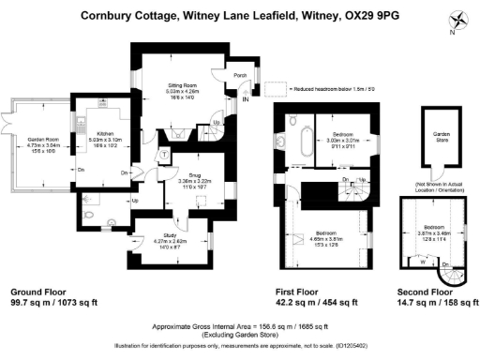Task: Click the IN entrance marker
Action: point(246,97)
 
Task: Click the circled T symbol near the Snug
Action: point(164,155)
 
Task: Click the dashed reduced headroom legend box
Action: point(274,86)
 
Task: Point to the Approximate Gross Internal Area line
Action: point(240,325)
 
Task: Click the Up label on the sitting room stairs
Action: point(217,123)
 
